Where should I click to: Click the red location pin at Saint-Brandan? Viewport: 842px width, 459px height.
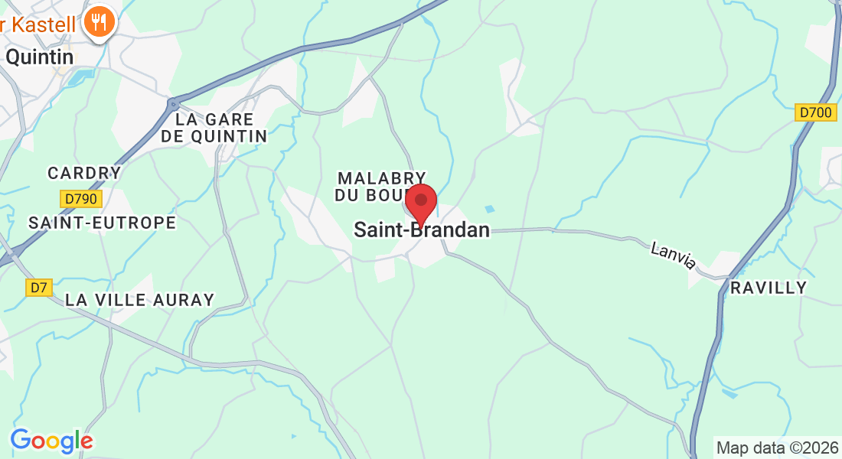(x=420, y=203)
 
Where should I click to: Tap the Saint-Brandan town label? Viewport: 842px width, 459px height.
(x=422, y=229)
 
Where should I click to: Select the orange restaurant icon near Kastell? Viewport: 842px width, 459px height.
(x=100, y=21)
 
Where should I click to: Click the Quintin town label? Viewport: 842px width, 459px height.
(x=40, y=57)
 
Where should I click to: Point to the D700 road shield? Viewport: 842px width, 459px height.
(x=814, y=112)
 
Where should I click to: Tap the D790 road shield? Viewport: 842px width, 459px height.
(x=81, y=199)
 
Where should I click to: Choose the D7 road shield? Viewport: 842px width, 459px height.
(x=38, y=288)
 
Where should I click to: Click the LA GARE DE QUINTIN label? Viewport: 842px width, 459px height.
(x=214, y=128)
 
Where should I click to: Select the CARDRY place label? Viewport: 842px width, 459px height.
(x=84, y=173)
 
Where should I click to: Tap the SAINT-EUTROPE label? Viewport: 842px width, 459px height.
(x=102, y=223)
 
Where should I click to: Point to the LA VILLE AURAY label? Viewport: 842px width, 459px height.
(x=139, y=300)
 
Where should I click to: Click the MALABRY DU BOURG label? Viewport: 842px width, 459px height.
(x=380, y=187)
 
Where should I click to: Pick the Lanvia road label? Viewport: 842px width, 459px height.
(x=674, y=256)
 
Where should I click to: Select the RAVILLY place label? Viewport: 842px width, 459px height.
(x=769, y=288)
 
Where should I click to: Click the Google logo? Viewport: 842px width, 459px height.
(x=51, y=441)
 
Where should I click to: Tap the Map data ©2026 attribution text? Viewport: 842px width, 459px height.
(x=776, y=448)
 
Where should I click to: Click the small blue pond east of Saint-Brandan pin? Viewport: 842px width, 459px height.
(x=489, y=208)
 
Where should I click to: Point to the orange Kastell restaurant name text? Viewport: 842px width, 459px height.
(x=38, y=24)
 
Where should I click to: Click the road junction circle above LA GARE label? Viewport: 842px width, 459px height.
(x=173, y=102)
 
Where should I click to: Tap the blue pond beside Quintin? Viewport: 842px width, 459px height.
(x=78, y=76)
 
